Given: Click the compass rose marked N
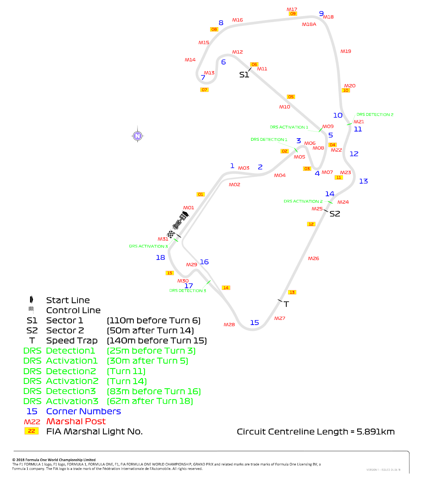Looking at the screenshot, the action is pos(137,136).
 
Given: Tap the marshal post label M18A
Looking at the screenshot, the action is pos(309,25).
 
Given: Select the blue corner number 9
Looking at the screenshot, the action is pos(321,14).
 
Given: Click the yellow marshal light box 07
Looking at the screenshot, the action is pos(204,90).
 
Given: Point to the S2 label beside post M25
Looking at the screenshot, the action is pos(335,214).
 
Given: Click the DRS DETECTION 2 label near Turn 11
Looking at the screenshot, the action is pos(375,115).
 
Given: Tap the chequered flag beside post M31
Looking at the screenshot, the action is pos(171,234).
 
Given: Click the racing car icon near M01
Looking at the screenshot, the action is pos(180,220).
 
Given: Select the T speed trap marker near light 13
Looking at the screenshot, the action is pos(286,304).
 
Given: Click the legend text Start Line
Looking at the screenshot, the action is pos(68,300).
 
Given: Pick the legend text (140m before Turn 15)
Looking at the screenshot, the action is pos(157,340).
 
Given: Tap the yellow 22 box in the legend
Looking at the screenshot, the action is pos(31,431).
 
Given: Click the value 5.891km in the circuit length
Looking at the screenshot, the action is pos(376,432).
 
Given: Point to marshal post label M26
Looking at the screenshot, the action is pos(313,259).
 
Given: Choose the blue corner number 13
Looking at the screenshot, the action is pos(363,181).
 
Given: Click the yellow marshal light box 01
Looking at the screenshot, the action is pos(201,194).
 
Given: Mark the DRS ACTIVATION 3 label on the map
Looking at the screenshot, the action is pos(148,246).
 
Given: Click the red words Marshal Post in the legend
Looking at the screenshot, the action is pos(76,421).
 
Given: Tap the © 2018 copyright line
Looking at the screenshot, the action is pos(54,460).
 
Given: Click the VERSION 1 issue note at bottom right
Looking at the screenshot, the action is pos(383,469).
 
